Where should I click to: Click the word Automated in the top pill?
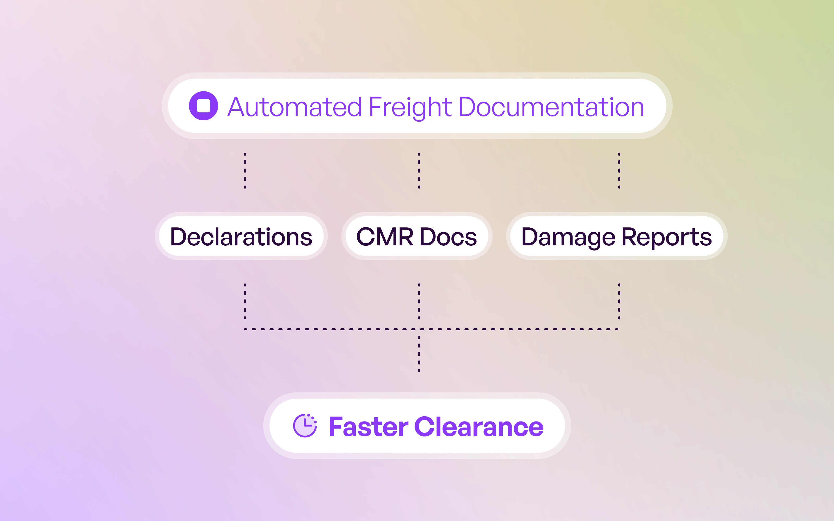295,107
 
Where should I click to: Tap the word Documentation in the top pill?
551,107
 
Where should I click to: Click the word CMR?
385,237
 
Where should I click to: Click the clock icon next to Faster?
305,426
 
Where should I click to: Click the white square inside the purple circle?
203,106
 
